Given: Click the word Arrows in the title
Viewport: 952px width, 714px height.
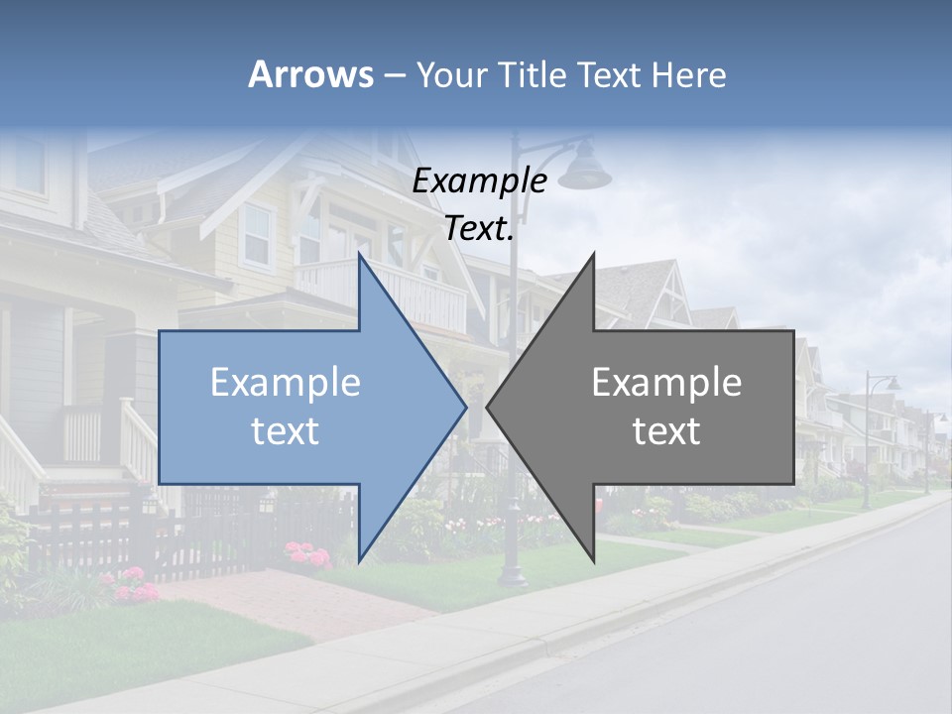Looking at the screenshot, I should pos(310,74).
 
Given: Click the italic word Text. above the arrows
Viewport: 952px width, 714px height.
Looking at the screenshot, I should pos(479,228).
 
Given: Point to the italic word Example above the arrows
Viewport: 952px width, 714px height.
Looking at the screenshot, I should pos(479,181).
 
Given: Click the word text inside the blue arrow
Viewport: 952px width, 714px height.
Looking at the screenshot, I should pos(285,431).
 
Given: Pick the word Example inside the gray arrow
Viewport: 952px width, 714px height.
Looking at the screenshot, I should pos(666,383).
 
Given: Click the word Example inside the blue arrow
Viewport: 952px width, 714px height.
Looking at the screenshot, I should pos(285,383).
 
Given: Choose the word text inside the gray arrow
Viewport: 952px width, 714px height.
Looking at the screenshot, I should pos(666,431).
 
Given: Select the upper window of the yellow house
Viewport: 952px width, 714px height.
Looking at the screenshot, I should pos(257,235).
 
